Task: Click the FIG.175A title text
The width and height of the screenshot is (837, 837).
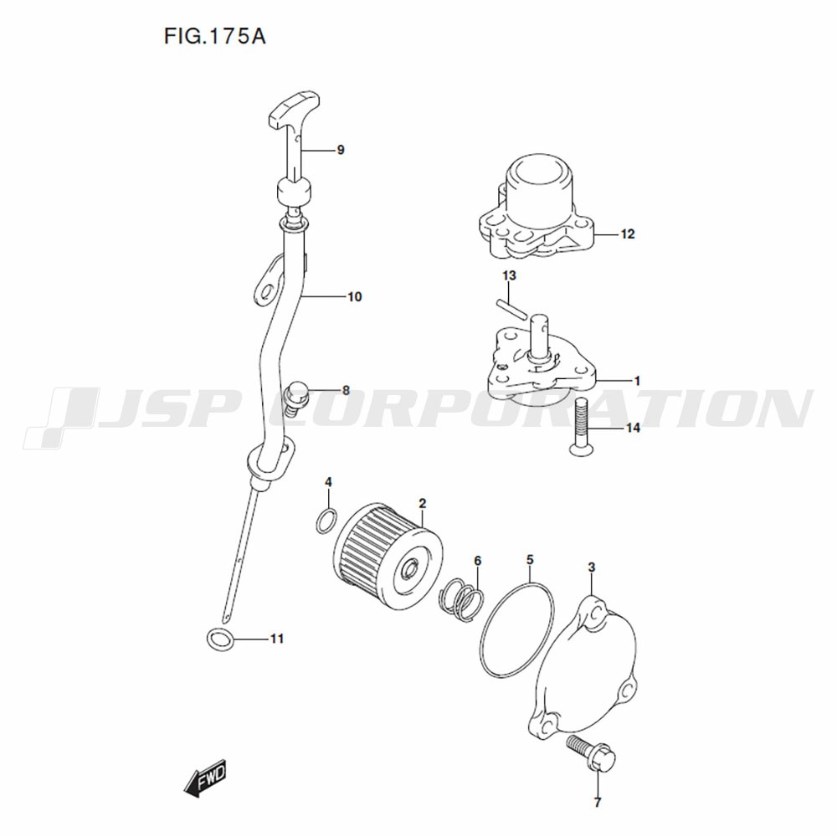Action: point(214,36)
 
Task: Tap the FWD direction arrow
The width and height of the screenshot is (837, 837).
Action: point(205,778)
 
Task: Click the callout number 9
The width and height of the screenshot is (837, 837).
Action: point(341,151)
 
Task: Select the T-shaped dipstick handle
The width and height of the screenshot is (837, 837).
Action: point(295,110)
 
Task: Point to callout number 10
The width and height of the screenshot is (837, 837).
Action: point(355,297)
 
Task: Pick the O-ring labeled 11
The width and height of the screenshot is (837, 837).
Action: point(220,639)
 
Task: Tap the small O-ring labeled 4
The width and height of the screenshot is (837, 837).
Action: point(326,521)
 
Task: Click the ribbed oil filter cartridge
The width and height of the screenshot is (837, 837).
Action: point(388,557)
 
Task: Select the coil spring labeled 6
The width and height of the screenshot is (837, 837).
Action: point(462,599)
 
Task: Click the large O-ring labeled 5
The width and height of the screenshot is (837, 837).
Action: point(516,630)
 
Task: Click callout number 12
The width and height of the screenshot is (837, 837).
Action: point(628,234)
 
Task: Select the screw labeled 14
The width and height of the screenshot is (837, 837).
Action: point(581,426)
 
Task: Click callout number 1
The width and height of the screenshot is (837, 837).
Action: point(637,381)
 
